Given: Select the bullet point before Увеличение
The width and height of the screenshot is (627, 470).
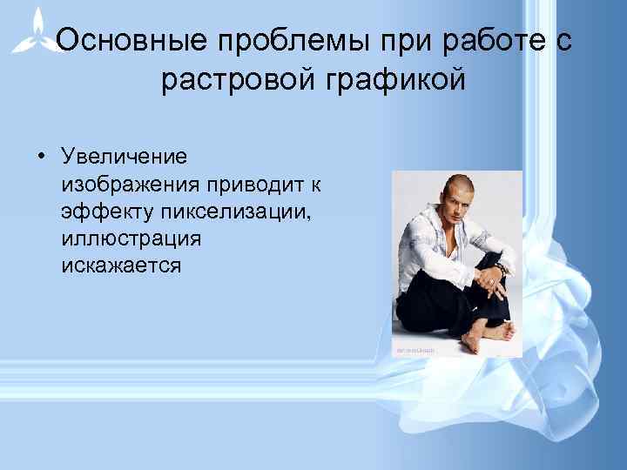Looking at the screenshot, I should pos(41,157).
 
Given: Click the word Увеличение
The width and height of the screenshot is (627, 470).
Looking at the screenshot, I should pos(124,157).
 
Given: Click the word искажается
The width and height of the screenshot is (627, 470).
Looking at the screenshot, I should pos(121,265).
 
